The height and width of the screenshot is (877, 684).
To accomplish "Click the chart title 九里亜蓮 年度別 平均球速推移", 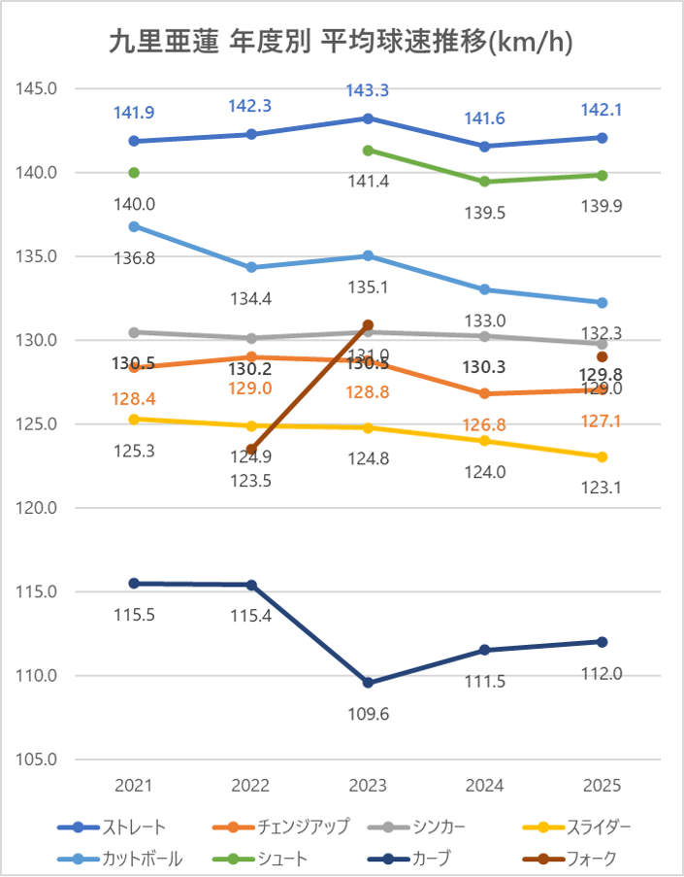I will point(342,43).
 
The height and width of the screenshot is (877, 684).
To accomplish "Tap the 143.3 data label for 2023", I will point(368,90).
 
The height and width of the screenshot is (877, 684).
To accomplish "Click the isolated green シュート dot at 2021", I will point(134,173).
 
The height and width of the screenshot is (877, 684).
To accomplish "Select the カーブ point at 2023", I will point(368,683).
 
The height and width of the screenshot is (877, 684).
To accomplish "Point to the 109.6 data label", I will point(368,713).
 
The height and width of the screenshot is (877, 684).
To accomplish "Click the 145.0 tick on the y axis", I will point(38,88).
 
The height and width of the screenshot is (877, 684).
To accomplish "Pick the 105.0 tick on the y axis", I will point(38,759).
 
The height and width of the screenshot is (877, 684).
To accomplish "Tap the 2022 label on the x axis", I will point(251,786).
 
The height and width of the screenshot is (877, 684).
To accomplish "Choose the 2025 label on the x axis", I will point(602,786).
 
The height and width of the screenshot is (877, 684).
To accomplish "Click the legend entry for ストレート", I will point(113,827).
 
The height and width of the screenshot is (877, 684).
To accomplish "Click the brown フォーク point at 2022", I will point(251,450).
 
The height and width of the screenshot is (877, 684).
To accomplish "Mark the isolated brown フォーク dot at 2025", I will point(602,356).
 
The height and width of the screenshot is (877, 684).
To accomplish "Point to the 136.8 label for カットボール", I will point(134,257).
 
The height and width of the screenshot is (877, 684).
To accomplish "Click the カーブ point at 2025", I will point(602,642).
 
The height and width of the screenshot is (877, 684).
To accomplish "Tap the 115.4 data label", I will point(251,616).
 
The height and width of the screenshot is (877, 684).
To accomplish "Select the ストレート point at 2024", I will point(485,147).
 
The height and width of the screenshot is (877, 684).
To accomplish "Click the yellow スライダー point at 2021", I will point(134,420).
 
